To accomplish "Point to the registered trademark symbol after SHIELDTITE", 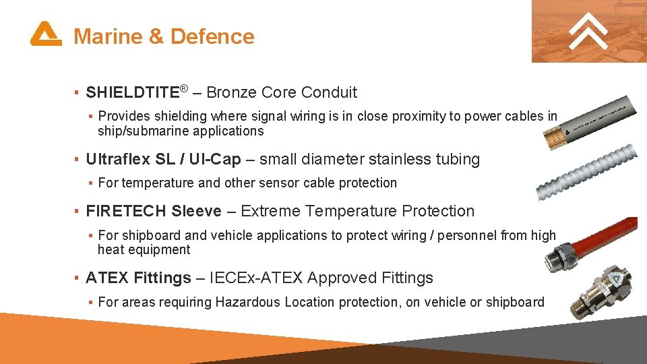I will click(x=183, y=88).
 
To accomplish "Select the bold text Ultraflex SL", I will click(x=129, y=160).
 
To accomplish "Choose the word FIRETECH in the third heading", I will click(x=126, y=211).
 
